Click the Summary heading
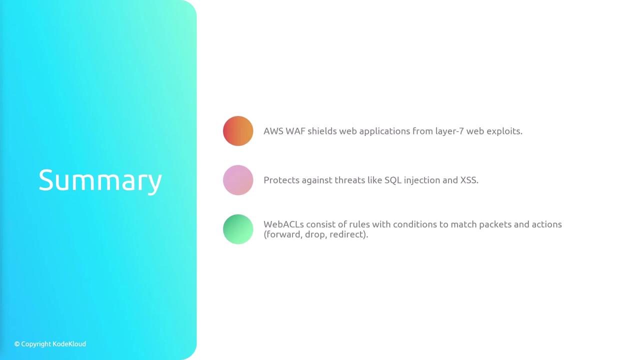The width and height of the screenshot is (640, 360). click(100, 180)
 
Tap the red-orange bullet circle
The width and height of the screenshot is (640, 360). click(238, 131)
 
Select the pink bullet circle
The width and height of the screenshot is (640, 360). click(238, 180)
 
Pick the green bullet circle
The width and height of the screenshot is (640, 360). click(238, 229)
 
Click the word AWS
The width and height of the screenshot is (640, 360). click(273, 131)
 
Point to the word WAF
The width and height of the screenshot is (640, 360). click(295, 131)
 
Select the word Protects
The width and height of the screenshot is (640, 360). click(281, 180)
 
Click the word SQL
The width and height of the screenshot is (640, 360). click(393, 180)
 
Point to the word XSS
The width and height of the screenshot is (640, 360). click(469, 180)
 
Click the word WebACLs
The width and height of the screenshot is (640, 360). click(283, 224)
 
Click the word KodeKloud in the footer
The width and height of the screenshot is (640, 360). click(69, 344)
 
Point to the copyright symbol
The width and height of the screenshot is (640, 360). click(17, 344)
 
